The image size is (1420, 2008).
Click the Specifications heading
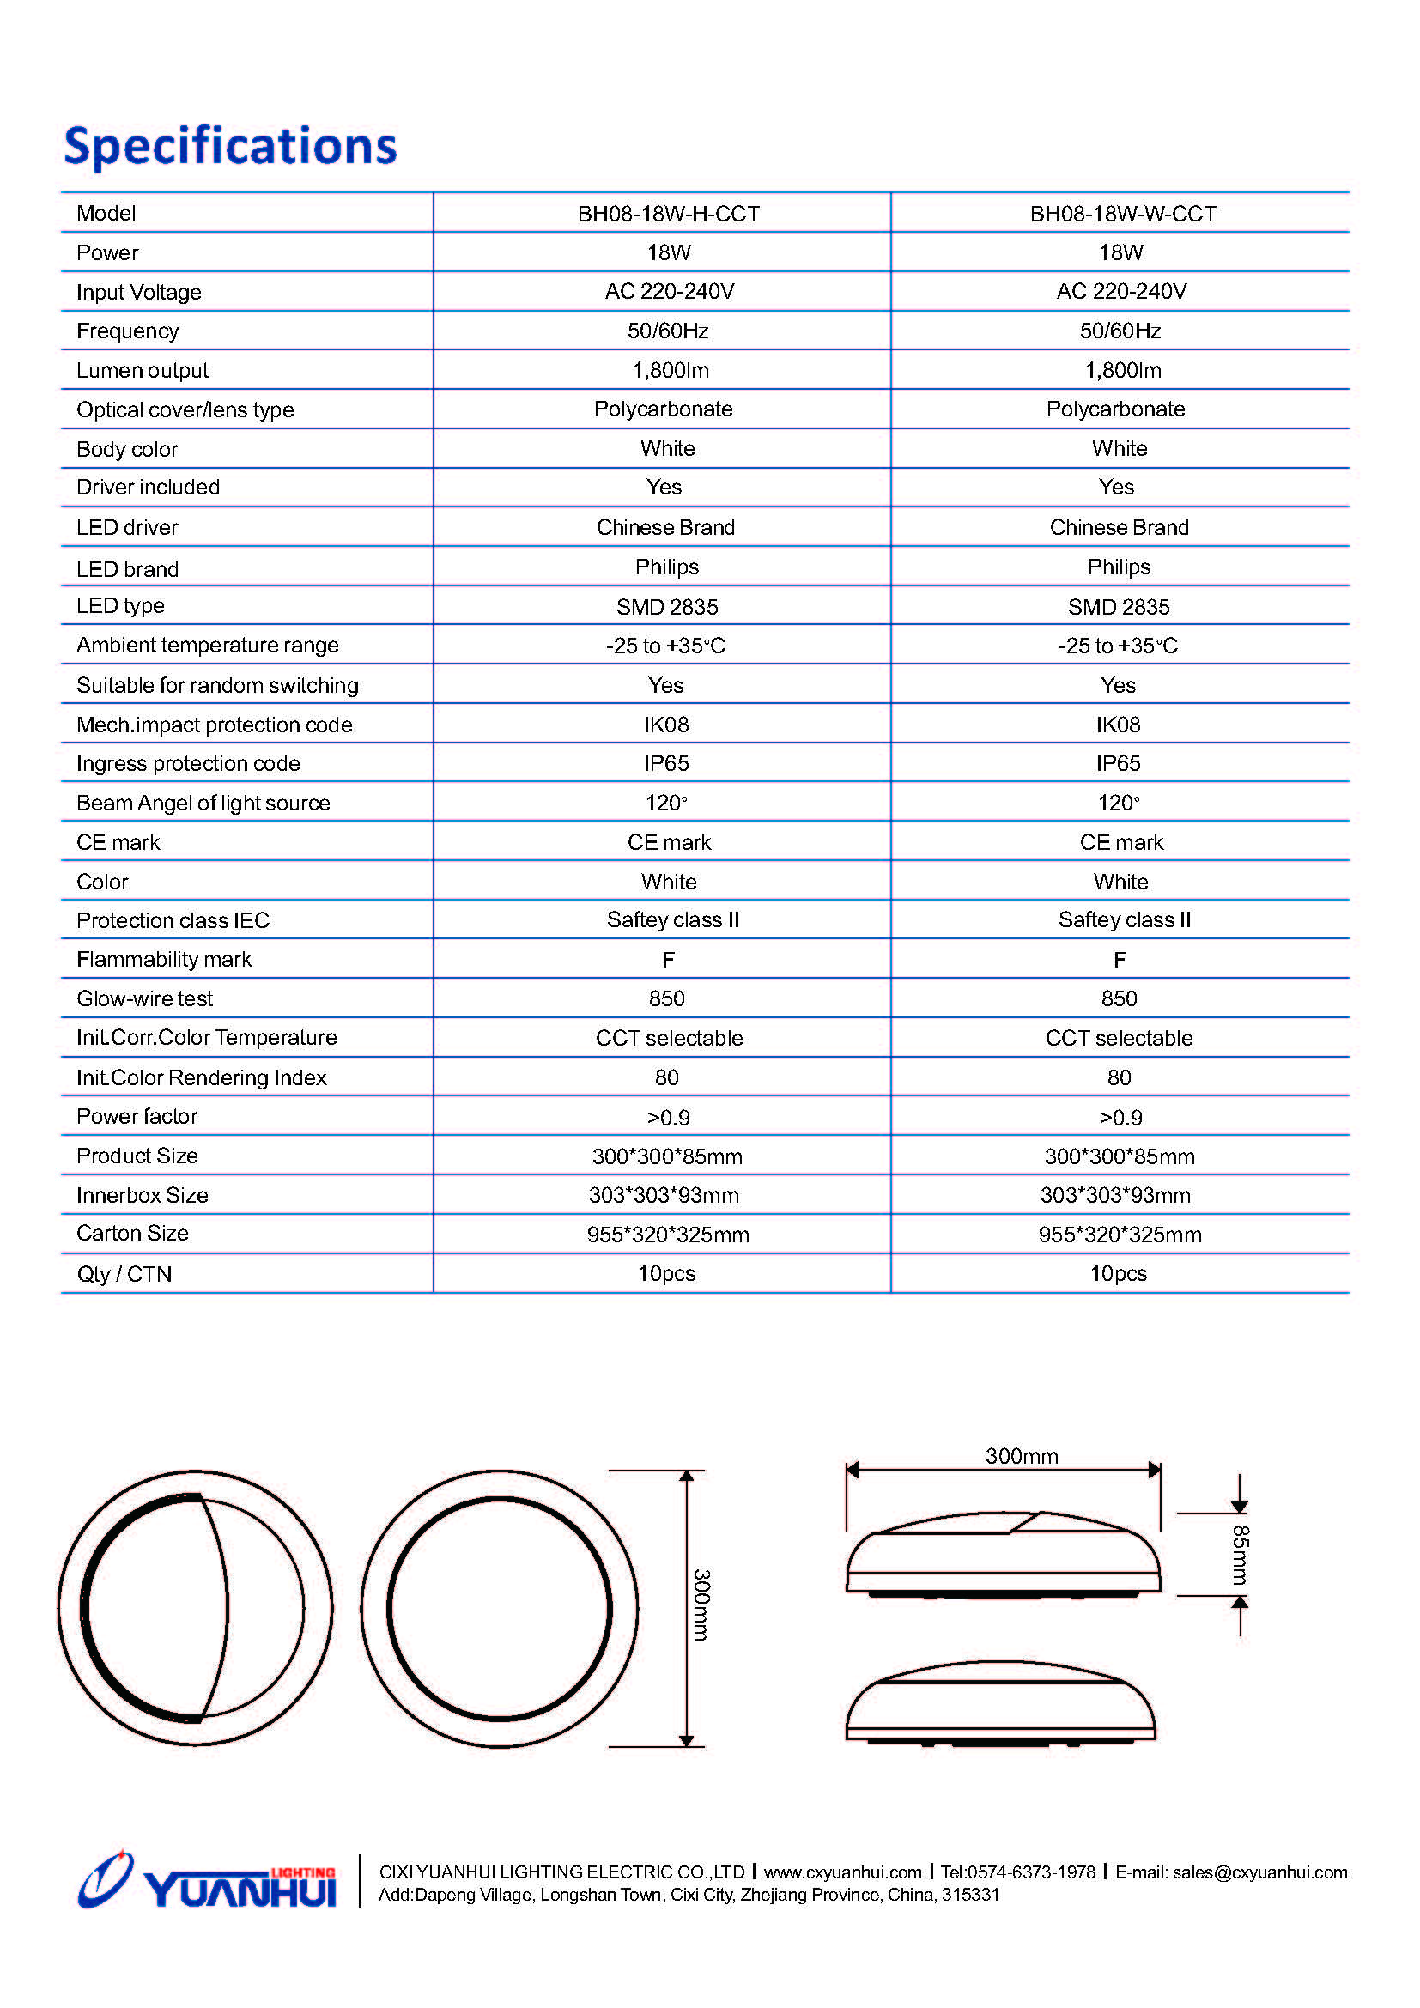pyautogui.click(x=230, y=145)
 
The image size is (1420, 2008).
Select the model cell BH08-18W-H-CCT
pyautogui.click(x=668, y=215)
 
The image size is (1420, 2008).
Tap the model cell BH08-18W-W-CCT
pyautogui.click(x=1122, y=215)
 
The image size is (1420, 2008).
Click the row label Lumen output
pyautogui.click(x=143, y=371)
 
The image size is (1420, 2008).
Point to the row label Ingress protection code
pyautogui.click(x=188, y=764)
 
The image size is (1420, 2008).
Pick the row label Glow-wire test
pyautogui.click(x=144, y=998)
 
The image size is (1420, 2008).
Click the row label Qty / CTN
pyautogui.click(x=124, y=1274)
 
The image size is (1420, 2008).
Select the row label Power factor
pyautogui.click(x=137, y=1117)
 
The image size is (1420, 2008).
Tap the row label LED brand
pyautogui.click(x=128, y=570)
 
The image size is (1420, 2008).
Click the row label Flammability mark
pyautogui.click(x=163, y=961)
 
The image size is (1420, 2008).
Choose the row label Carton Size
pyautogui.click(x=132, y=1234)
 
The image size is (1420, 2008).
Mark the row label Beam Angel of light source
pyautogui.click(x=203, y=804)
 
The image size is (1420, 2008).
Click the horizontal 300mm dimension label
pyautogui.click(x=1022, y=1456)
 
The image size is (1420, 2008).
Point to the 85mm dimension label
pyautogui.click(x=1240, y=1555)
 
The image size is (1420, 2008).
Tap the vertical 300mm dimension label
pyautogui.click(x=701, y=1605)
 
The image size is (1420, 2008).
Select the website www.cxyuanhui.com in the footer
pyautogui.click(x=842, y=1872)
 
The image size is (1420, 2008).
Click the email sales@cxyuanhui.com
pyautogui.click(x=1259, y=1872)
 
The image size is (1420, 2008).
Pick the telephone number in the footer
pyautogui.click(x=1018, y=1872)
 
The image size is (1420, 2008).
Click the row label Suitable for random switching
pyautogui.click(x=217, y=686)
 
